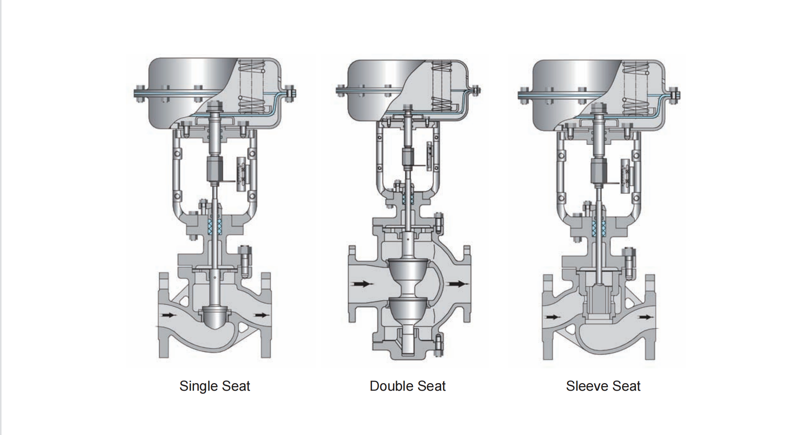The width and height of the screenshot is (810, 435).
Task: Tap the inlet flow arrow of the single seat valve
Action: pos(169,315)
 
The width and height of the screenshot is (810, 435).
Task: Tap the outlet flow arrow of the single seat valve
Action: pos(262,315)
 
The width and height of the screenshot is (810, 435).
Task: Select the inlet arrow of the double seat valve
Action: pos(362,284)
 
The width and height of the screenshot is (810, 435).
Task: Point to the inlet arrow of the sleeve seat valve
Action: pos(553,317)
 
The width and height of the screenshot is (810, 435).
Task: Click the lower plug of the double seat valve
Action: pos(408,309)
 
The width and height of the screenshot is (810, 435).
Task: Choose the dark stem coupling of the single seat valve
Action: pos(215,170)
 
